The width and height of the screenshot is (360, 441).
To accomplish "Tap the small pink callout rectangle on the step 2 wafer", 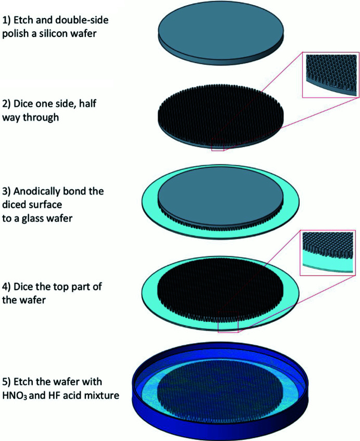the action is pos(217,148).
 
